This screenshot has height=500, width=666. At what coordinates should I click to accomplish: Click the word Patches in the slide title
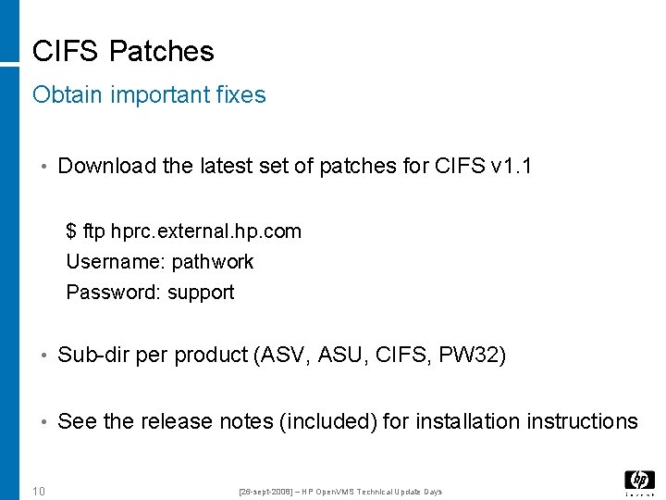point(161,51)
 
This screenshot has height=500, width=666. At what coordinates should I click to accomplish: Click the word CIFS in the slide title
point(66,51)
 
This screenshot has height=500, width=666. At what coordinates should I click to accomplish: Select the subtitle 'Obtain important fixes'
point(149,94)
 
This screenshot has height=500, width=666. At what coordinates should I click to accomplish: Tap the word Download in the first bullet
point(106,166)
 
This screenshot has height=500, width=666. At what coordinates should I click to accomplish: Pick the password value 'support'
point(201,293)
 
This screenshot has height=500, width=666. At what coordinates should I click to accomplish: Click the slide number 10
point(39,491)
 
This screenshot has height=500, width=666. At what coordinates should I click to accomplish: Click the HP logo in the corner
point(639,481)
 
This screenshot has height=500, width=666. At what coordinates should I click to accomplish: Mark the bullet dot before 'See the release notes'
point(43,422)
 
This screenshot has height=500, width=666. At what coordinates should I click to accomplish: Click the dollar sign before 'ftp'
point(71,231)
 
